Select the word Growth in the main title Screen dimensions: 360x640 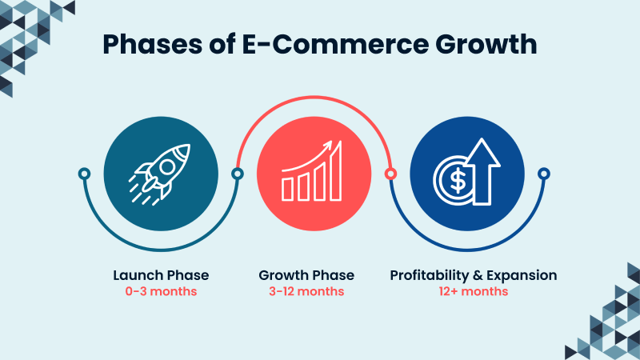[x=482, y=45]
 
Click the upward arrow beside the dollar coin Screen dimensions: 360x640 [x=484, y=169]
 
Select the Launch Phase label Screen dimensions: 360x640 [x=161, y=275]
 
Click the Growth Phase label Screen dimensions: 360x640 [x=306, y=275]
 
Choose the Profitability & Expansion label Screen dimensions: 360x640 [x=474, y=275]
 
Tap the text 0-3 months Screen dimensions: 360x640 [x=161, y=291]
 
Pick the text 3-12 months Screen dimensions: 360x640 [x=306, y=291]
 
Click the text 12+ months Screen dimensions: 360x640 [x=474, y=291]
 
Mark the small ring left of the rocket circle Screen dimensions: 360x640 [x=84, y=174]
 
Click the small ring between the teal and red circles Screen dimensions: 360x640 [x=237, y=174]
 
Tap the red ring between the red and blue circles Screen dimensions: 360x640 [x=390, y=174]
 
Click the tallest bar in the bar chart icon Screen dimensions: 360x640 [x=337, y=171]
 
